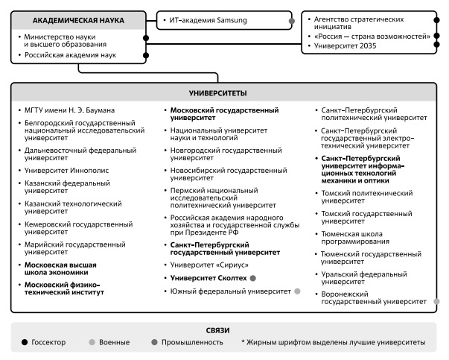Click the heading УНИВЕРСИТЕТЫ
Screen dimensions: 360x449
(225, 93)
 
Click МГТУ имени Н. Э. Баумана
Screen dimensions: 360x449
(71, 110)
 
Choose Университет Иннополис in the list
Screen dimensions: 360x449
(66, 170)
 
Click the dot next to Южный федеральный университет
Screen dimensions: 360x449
(297, 291)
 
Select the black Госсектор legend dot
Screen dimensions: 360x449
(25, 342)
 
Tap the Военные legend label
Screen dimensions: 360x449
(113, 342)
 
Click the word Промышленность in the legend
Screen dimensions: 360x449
(194, 342)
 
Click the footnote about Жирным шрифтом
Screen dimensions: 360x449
(333, 342)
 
